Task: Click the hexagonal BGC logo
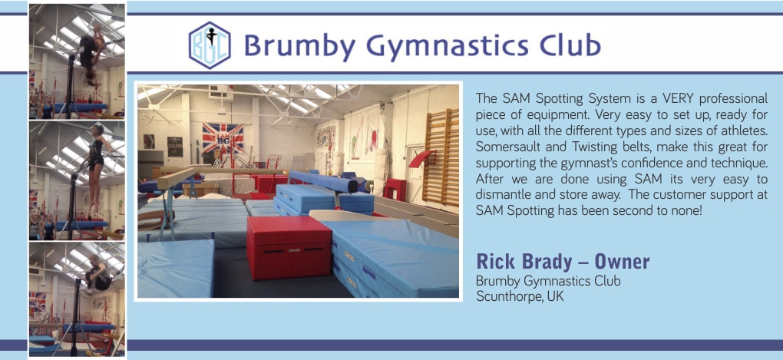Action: pyautogui.click(x=210, y=45)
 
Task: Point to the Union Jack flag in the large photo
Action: pyautogui.click(x=223, y=137)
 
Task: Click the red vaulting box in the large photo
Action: pyautogui.click(x=289, y=246)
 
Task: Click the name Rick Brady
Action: pyautogui.click(x=526, y=261)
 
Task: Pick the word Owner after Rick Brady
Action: pyautogui.click(x=622, y=261)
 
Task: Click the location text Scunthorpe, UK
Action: pyautogui.click(x=520, y=296)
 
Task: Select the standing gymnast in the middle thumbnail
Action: pyautogui.click(x=95, y=170)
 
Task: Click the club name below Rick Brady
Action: pyautogui.click(x=548, y=281)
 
